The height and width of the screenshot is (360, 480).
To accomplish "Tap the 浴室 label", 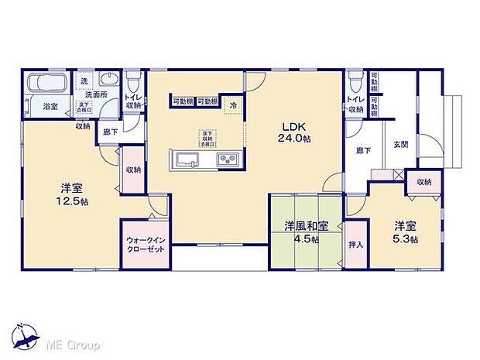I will pos(50,105).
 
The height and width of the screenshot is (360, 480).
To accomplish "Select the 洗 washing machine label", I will pos(84,81).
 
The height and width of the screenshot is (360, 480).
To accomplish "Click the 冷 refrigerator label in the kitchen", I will pos(231,105).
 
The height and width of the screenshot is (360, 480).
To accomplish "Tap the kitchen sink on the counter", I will pos(189,159).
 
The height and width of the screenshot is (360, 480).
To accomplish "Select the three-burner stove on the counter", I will pos(228,159).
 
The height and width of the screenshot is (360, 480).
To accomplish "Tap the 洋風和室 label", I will pos(306,226).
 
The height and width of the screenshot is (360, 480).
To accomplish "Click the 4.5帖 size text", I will pos(306,238).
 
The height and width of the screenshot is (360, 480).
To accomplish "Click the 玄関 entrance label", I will pos(400,144).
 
